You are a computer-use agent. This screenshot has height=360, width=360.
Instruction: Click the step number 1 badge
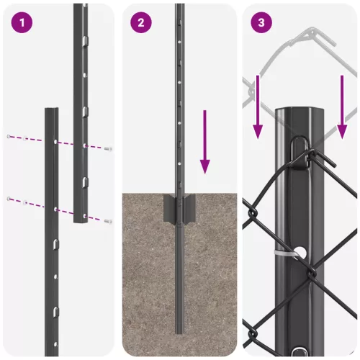(24, 22)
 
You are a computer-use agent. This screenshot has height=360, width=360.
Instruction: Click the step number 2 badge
(141, 22)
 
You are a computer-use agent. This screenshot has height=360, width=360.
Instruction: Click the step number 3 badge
(261, 22)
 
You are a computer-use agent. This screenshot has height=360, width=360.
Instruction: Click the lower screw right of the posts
(107, 221)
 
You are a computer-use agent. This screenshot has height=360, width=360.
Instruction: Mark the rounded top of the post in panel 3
(300, 112)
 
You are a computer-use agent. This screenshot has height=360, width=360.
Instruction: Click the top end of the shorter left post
(51, 111)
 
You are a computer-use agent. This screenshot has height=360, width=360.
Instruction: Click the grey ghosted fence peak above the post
(309, 32)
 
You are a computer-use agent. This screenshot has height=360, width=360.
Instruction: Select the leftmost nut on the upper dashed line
(9, 137)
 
